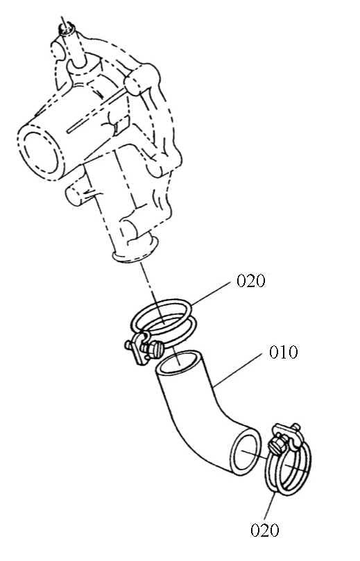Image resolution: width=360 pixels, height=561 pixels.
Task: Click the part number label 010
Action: (x=284, y=352)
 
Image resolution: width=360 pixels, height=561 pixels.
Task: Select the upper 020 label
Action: (x=251, y=281)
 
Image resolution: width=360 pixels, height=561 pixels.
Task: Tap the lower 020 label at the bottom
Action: (x=265, y=530)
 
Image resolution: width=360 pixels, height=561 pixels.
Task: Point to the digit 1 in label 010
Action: (x=284, y=352)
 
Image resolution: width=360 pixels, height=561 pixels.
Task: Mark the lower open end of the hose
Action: (x=245, y=451)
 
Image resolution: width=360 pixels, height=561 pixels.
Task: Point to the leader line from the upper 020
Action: (x=211, y=293)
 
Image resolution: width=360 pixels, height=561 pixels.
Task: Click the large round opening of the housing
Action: (x=40, y=152)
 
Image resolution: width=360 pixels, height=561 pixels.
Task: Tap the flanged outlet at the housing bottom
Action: (x=135, y=249)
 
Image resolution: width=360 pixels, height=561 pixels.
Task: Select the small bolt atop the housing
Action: (x=67, y=28)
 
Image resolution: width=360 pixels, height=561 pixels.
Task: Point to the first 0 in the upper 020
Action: (x=241, y=281)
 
